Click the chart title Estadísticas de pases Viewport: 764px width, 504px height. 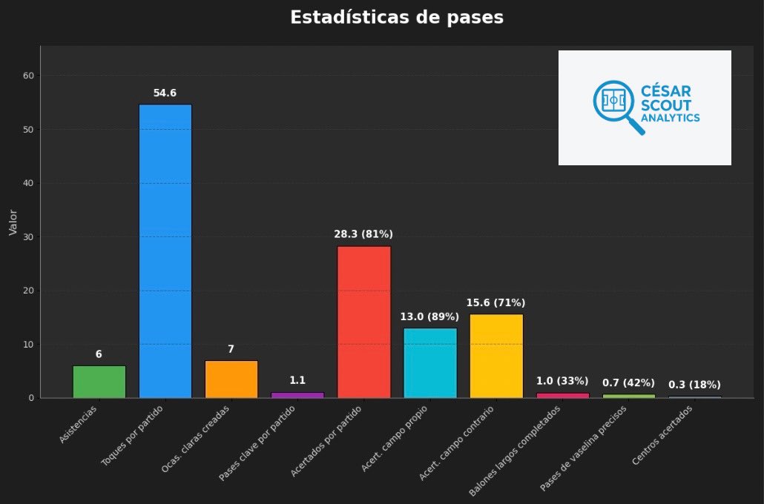[x=396, y=18]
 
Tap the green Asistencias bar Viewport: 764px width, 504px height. [x=99, y=382]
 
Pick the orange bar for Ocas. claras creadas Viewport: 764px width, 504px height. [x=231, y=379]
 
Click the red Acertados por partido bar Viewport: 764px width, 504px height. [x=363, y=322]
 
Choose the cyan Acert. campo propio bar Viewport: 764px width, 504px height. [x=430, y=362]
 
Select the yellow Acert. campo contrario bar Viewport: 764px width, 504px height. [x=496, y=356]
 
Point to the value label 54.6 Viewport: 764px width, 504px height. [x=165, y=93]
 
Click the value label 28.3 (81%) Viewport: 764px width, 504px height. [x=363, y=234]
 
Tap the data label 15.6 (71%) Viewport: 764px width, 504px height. [x=495, y=303]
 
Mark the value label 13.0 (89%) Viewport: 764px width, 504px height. [x=429, y=317]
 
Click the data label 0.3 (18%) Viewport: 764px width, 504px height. [x=694, y=385]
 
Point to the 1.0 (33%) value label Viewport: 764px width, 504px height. [x=562, y=381]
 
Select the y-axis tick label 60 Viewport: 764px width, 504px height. [x=30, y=76]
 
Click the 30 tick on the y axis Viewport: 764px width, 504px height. [x=30, y=237]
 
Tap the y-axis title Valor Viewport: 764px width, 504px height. [x=13, y=222]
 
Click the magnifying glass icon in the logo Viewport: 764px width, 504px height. [x=616, y=105]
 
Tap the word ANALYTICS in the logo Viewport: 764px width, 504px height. [x=670, y=118]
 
